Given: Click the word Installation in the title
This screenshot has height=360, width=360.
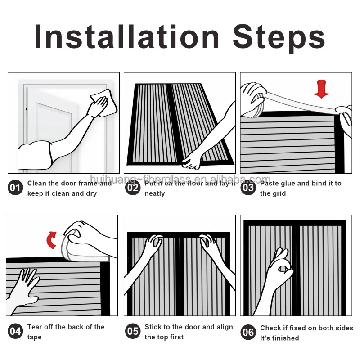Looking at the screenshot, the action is click(x=127, y=37).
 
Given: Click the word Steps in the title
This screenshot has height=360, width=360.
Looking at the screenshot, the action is click(x=279, y=38).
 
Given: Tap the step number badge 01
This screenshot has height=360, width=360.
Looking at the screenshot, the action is click(x=15, y=188).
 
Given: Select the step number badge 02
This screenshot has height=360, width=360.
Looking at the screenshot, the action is click(x=133, y=188).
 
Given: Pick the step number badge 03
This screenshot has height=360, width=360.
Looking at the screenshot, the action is click(x=248, y=188).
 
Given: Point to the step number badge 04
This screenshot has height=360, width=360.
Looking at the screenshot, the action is click(x=15, y=331).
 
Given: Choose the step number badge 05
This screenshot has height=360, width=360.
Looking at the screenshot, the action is click(x=133, y=331).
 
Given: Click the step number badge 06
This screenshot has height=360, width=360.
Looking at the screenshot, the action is click(x=248, y=332).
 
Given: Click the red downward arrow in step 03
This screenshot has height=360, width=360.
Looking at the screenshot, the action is click(x=321, y=89).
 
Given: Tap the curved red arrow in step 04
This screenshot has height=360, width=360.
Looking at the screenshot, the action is click(x=51, y=240).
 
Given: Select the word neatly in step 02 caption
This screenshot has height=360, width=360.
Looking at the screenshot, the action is click(x=155, y=194).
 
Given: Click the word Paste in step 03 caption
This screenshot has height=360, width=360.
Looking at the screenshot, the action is click(x=269, y=183).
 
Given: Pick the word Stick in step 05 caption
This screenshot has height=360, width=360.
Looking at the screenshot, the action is click(x=153, y=327).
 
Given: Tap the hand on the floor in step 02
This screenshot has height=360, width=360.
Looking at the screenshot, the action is click(x=192, y=161).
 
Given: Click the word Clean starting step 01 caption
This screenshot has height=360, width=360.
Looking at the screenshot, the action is click(x=36, y=183).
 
